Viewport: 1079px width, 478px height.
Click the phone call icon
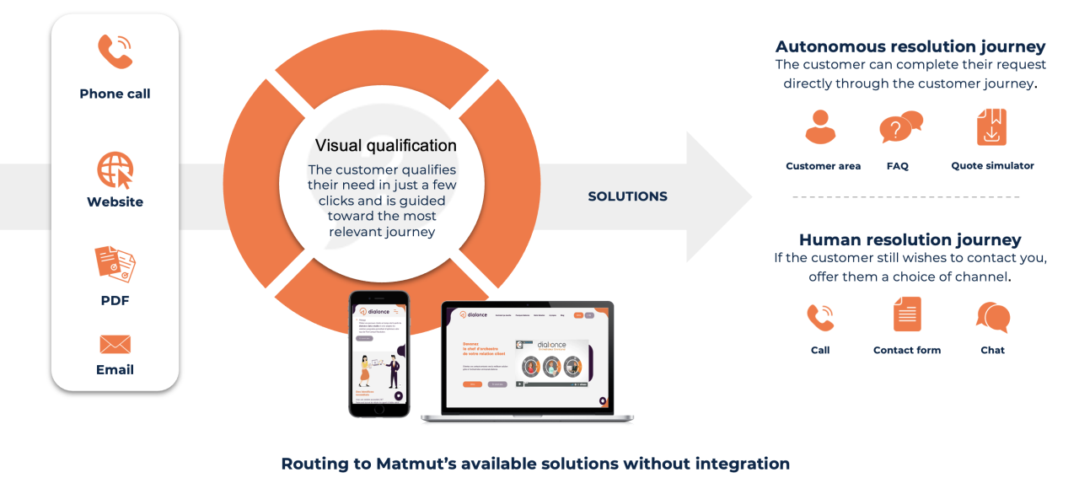115,51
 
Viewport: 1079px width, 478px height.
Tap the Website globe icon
115,170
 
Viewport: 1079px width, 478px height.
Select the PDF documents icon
115,264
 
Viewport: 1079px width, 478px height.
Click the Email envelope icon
115,344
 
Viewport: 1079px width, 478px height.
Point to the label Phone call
115,94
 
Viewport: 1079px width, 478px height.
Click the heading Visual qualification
385,145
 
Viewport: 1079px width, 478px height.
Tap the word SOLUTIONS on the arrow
627,196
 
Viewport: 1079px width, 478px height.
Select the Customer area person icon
820,127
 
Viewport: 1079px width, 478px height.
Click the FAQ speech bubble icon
899,127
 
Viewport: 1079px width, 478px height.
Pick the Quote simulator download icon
991,127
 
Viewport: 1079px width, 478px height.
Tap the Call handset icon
820,318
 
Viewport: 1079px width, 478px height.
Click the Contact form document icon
907,314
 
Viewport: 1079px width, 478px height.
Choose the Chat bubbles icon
993,318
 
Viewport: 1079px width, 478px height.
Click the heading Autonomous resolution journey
910,46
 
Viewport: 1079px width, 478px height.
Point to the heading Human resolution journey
910,239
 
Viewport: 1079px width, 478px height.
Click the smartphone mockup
379,354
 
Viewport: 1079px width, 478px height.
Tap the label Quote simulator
992,166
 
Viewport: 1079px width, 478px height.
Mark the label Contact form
907,350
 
